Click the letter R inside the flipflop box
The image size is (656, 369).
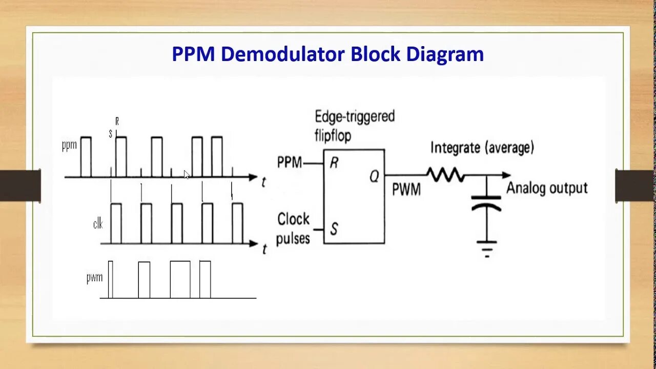pyautogui.click(x=334, y=163)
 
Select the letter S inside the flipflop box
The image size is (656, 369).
pyautogui.click(x=334, y=229)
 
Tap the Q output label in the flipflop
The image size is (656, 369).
pyautogui.click(x=374, y=176)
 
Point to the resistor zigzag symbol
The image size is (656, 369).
pyautogui.click(x=445, y=175)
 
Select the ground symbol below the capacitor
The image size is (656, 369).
pyautogui.click(x=486, y=248)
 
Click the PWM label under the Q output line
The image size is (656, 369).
pyautogui.click(x=406, y=190)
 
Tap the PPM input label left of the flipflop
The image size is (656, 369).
pyautogui.click(x=290, y=163)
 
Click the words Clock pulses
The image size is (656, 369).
pyautogui.click(x=294, y=229)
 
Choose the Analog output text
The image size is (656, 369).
pyautogui.click(x=547, y=188)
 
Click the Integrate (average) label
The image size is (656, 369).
pyautogui.click(x=482, y=148)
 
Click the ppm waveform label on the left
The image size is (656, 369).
pyautogui.click(x=69, y=145)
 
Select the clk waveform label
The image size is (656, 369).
pyautogui.click(x=98, y=223)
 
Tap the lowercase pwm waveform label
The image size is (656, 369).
pyautogui.click(x=94, y=278)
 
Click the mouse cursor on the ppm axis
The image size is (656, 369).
pyautogui.click(x=187, y=175)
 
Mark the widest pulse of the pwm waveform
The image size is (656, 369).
pyautogui.click(x=180, y=279)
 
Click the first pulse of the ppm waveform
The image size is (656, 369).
pyautogui.click(x=86, y=156)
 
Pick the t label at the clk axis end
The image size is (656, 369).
pyautogui.click(x=264, y=249)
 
